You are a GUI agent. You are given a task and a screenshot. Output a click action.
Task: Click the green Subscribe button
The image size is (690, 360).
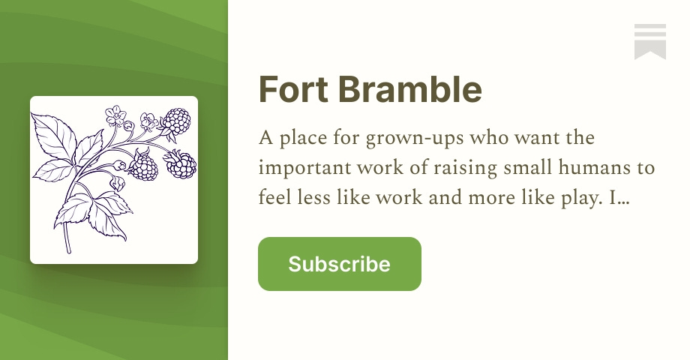tap(339, 264)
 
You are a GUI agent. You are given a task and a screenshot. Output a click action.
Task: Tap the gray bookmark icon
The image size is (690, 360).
tap(649, 41)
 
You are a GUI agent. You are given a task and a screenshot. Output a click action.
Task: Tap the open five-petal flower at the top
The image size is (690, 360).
tap(116, 115)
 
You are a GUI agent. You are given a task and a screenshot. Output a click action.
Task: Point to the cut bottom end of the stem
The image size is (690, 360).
tap(68, 250)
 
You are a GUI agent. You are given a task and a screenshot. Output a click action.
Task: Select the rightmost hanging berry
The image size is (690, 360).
tap(181, 164)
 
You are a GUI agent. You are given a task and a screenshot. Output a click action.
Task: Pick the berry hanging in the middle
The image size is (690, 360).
tap(144, 165)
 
